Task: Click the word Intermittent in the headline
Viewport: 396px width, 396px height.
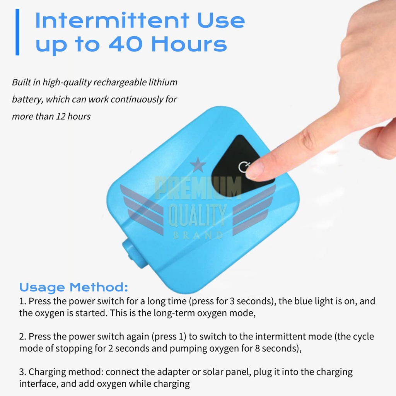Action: (112, 20)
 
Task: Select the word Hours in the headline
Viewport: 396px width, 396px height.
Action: (189, 44)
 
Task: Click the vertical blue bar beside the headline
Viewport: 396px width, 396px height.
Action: (17, 32)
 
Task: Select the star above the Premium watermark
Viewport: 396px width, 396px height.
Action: (198, 165)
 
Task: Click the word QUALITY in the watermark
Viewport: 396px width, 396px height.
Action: (198, 215)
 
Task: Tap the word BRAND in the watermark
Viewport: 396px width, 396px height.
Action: (198, 236)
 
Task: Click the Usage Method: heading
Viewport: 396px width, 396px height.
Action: (73, 287)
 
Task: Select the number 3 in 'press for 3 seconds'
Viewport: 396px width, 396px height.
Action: (232, 301)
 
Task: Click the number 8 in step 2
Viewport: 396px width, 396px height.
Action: (257, 348)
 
